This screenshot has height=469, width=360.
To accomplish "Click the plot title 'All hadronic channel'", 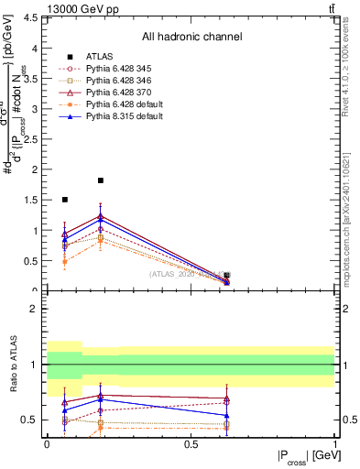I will point(191,37).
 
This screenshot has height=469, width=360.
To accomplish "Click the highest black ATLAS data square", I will point(101,180).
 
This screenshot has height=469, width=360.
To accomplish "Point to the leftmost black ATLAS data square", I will point(64,199).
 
